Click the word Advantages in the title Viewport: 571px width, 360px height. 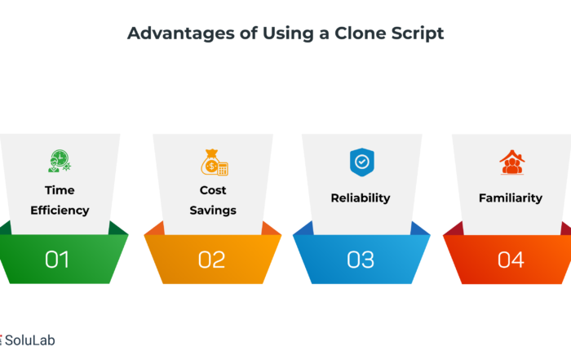pos(181,34)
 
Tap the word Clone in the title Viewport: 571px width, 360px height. pos(361,33)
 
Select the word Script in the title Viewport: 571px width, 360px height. pos(418,34)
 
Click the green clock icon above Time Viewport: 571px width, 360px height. pos(60,161)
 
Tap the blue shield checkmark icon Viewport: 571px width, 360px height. pos(362,162)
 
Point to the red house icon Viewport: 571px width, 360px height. pos(512,162)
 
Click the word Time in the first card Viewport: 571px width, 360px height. pos(60,190)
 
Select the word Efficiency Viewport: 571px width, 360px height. pos(60,211)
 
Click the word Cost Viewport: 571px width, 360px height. pos(213,190)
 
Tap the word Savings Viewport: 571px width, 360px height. pos(213,211)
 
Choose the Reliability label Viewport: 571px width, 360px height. pos(361,198)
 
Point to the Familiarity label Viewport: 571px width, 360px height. pos(511,198)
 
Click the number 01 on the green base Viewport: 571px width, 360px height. pos(57,260)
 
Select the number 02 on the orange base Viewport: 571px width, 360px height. pos(211,260)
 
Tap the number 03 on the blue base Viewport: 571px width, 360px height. pos(361,260)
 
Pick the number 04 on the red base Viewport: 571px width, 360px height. pos(511,260)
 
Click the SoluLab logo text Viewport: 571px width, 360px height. pos(30,340)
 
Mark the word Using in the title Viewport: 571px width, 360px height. pos(288,34)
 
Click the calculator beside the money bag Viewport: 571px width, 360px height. pos(223,169)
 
